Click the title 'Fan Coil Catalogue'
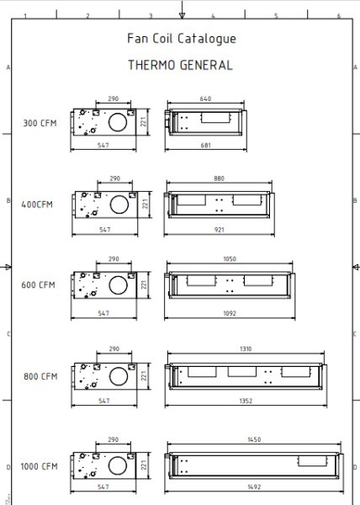pos(181,39)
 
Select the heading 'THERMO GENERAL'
pos(180,65)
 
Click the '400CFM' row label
pos(38,205)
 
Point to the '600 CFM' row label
pos(38,284)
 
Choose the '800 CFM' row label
pos(39,376)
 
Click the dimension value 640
pos(205,98)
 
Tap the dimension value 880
pos(219,178)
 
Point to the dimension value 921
pos(219,229)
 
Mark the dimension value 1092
pos(230,313)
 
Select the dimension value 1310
pos(245,349)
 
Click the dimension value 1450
pos(253,439)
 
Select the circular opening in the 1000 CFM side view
pos(118,464)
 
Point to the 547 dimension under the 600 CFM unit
pos(103,313)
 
